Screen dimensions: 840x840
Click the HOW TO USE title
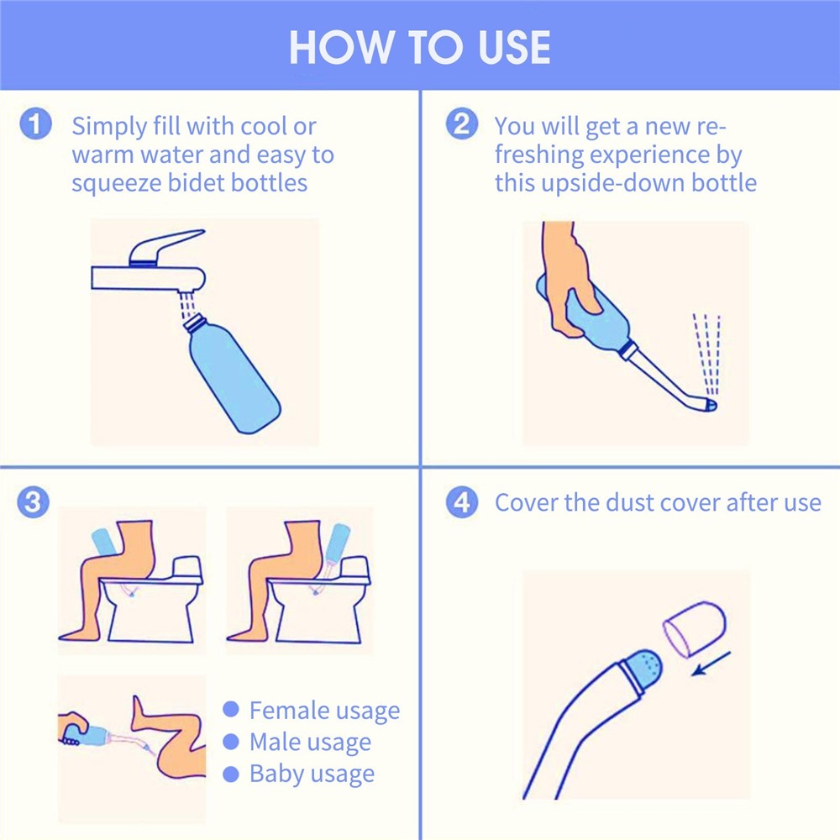click(419, 48)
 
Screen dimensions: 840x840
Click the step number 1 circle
click(34, 125)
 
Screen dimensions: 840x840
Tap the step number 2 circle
click(460, 125)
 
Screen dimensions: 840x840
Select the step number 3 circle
click(34, 503)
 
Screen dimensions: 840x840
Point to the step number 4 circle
click(460, 503)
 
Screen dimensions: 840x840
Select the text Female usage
click(324, 711)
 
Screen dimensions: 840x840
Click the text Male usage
click(310, 743)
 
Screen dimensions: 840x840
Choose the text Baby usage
click(312, 774)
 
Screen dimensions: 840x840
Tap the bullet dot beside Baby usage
click(231, 774)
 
